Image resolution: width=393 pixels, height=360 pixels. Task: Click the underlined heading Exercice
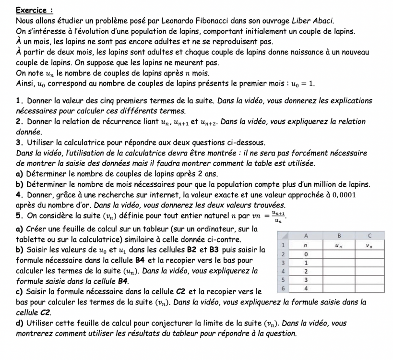pos(34,10)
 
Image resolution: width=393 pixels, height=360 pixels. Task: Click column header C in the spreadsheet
pos(370,235)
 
